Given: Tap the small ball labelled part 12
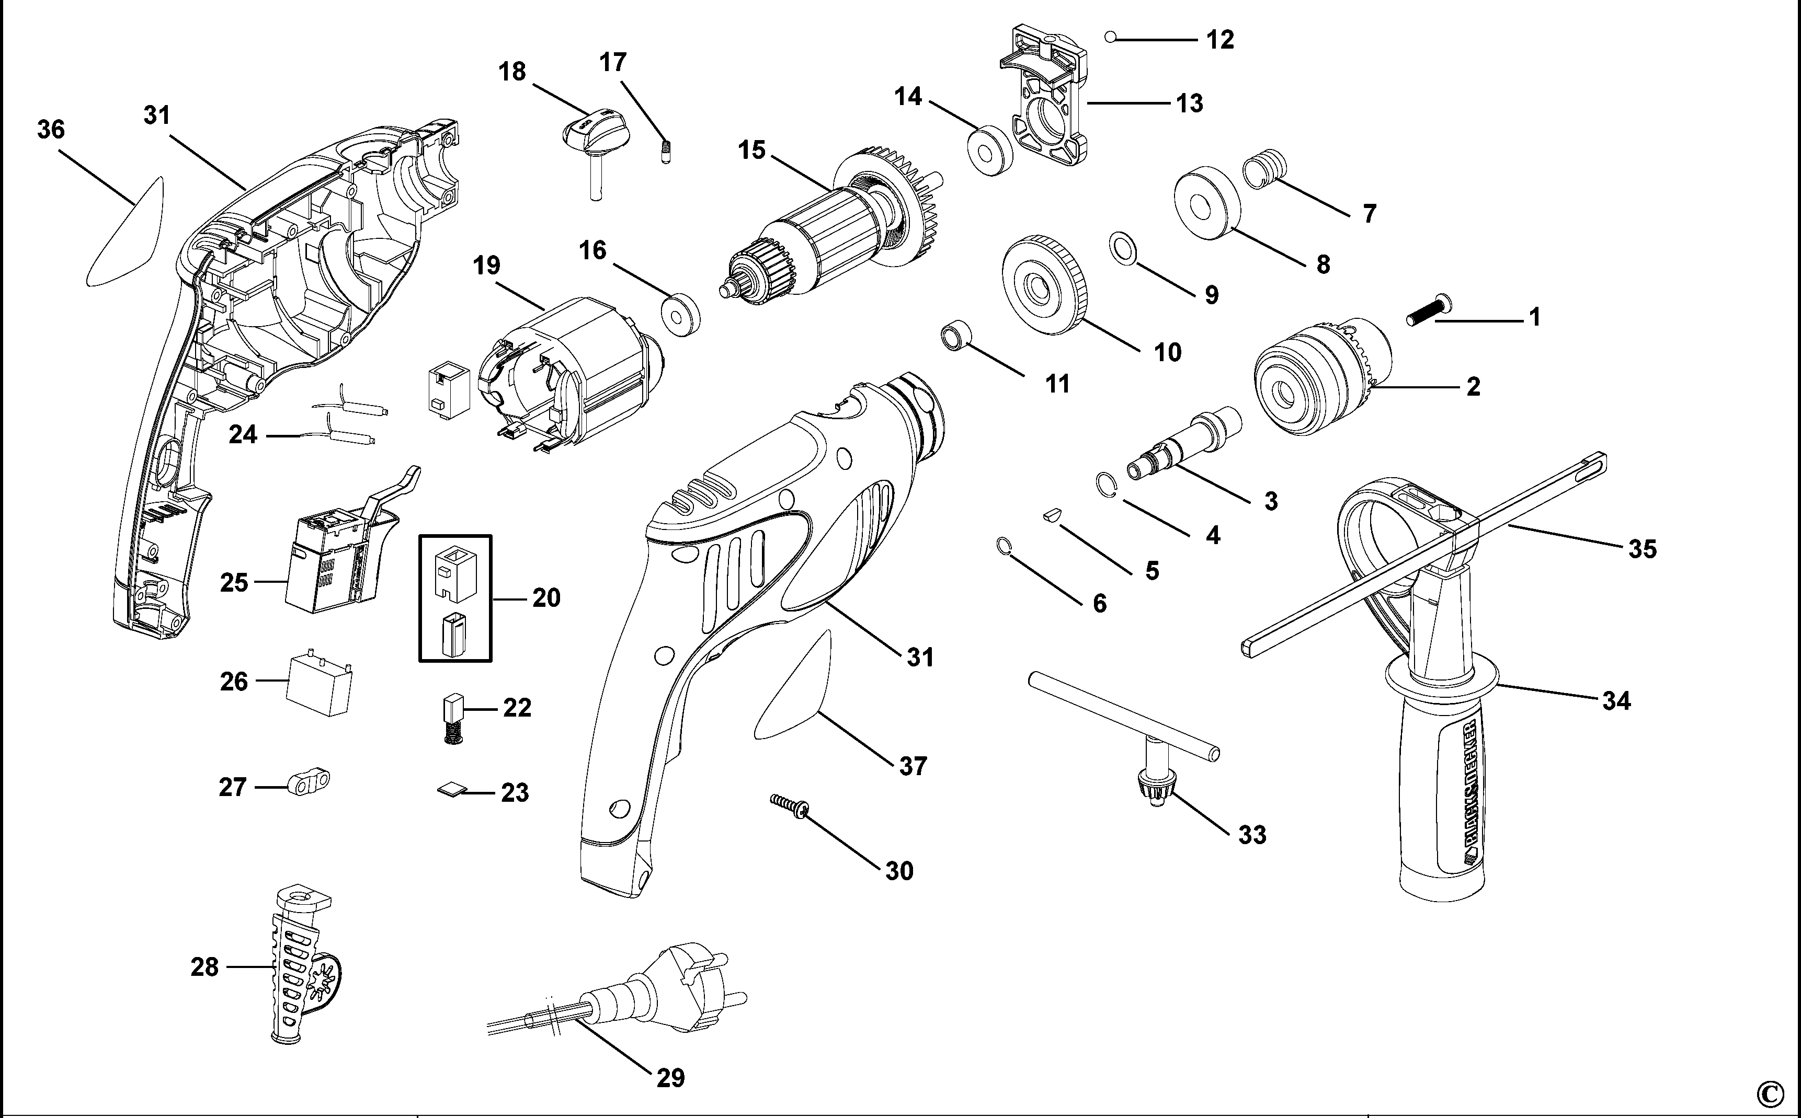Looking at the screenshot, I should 1110,36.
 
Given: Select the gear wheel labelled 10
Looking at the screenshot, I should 1045,285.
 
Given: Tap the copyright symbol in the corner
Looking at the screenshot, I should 1780,1091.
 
